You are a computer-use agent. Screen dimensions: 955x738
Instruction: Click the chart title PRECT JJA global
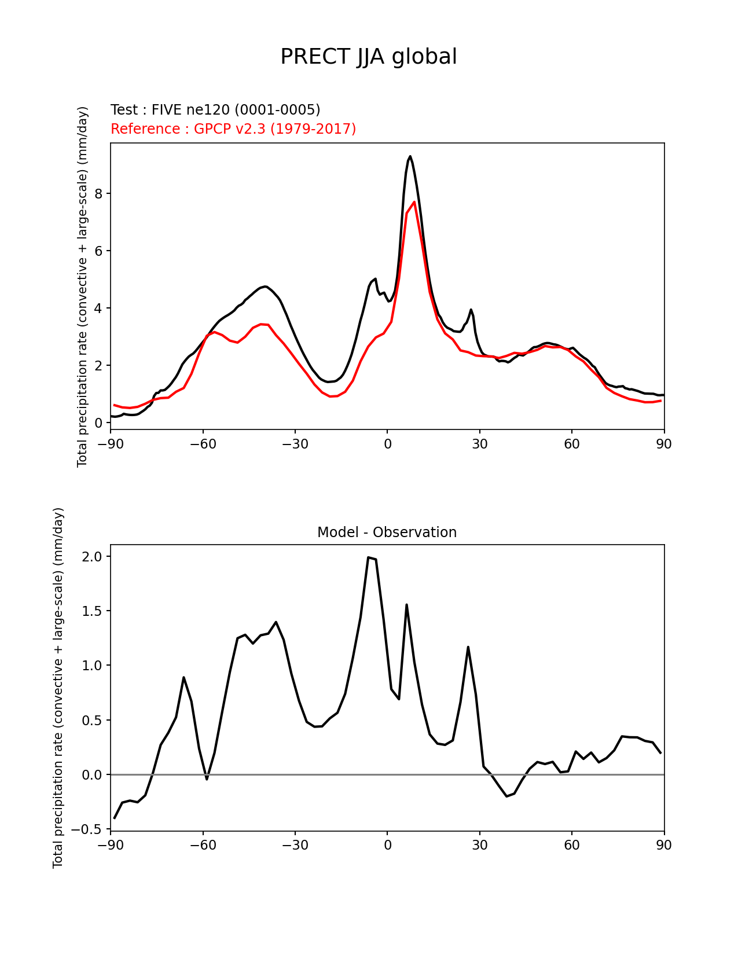pos(369,57)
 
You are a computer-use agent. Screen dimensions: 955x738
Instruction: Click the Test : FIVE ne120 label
pos(215,110)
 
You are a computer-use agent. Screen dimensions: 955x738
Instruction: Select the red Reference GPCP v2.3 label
pos(233,129)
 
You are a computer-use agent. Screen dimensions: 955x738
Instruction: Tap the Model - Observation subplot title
pos(387,532)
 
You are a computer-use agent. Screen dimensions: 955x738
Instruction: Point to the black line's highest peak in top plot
pos(410,156)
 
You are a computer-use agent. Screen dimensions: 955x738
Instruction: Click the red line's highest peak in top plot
pos(414,202)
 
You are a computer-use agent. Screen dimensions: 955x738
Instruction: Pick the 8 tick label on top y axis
pos(98,193)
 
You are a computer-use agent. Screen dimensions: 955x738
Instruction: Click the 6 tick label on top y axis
pos(98,251)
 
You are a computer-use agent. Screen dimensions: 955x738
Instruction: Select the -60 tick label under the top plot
pos(203,444)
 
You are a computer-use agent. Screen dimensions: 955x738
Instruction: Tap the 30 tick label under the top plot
pos(480,444)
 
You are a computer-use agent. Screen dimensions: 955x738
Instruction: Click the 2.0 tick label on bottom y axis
pos(91,556)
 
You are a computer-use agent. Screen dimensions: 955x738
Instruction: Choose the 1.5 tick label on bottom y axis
pos(91,611)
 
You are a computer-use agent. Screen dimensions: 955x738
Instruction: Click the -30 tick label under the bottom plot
pos(295,845)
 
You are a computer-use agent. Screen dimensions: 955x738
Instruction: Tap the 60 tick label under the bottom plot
pos(572,845)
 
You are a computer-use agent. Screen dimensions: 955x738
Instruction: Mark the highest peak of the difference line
pos(369,557)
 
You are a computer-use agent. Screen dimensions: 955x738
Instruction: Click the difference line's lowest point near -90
pos(115,818)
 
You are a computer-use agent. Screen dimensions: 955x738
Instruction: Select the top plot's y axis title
pos(83,286)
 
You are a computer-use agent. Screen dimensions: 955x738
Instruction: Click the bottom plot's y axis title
pos(58,688)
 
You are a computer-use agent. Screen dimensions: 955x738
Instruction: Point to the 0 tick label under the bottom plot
pos(387,845)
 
